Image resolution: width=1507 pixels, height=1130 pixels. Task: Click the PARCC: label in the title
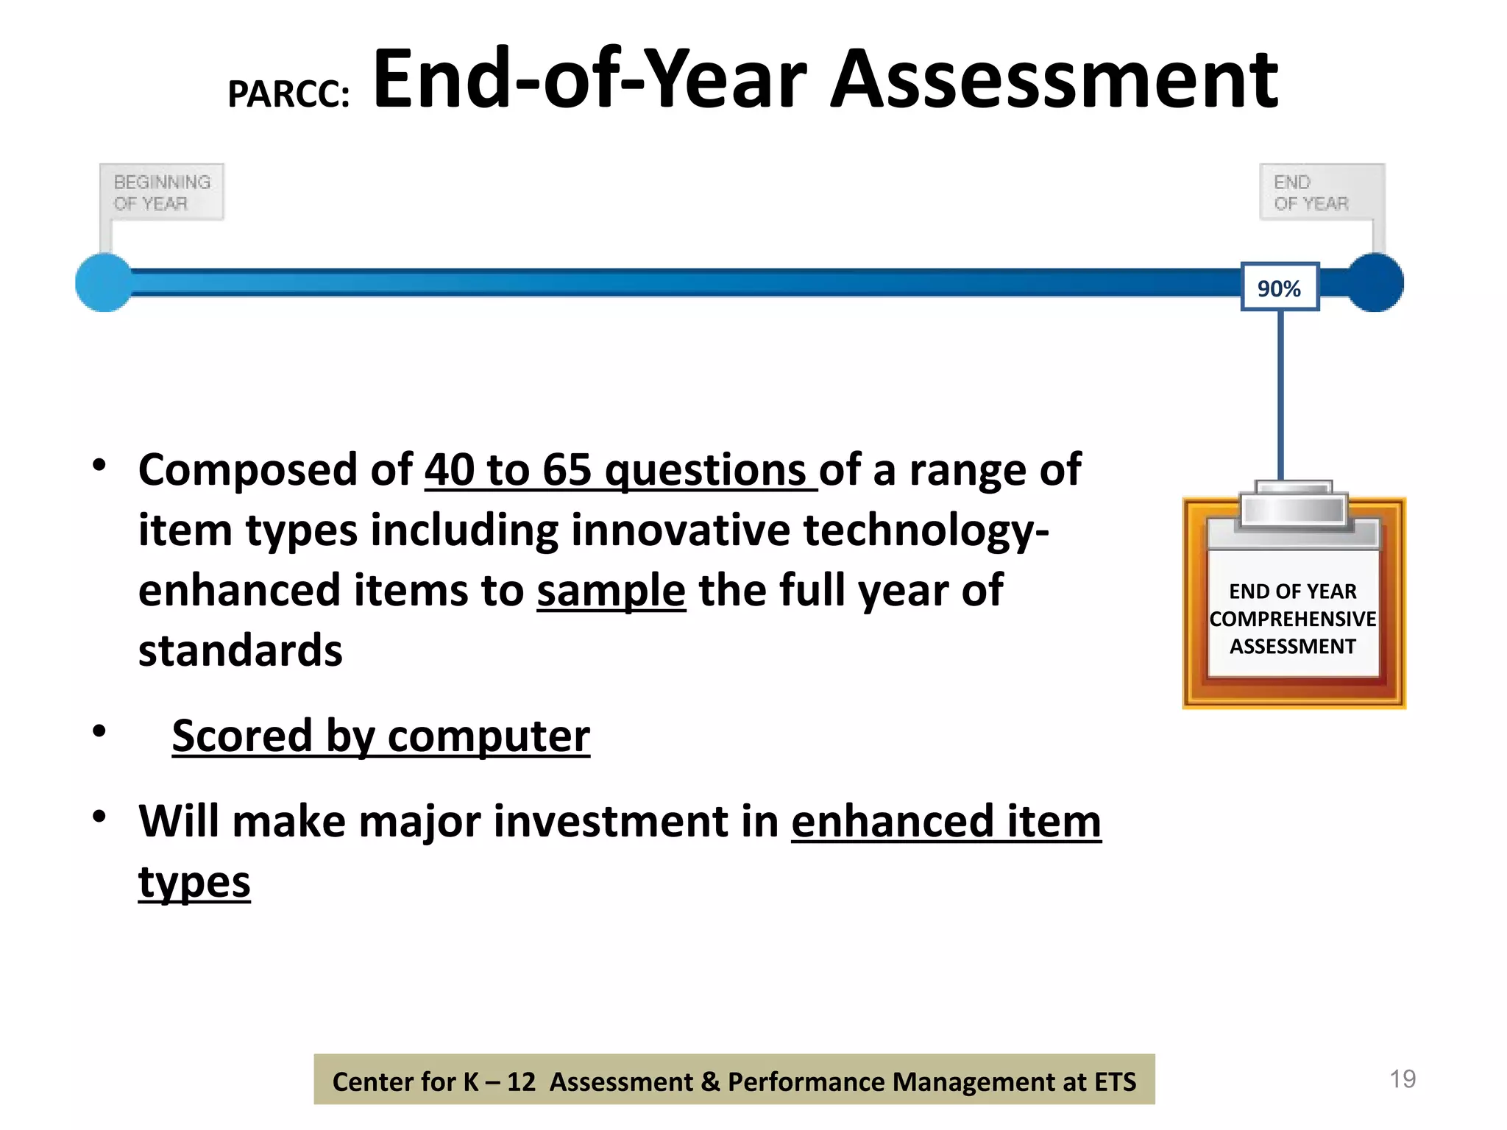[288, 94]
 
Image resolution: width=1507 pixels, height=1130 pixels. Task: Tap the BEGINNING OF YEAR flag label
[162, 192]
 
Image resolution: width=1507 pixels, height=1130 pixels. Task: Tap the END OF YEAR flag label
[1312, 192]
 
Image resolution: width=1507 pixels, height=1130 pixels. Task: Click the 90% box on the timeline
[1279, 288]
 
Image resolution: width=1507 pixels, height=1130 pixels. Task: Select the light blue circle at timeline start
[104, 282]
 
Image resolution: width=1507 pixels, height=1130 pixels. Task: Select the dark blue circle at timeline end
[1375, 282]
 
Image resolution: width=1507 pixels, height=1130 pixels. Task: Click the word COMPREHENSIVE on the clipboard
[1292, 619]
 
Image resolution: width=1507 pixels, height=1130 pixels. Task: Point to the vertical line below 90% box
[1280, 397]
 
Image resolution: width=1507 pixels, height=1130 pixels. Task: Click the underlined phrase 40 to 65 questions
[620, 469]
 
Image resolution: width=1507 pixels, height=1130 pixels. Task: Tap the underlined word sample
[611, 590]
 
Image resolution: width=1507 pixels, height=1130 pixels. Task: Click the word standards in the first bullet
[240, 650]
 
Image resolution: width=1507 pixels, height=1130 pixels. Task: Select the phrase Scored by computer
[380, 736]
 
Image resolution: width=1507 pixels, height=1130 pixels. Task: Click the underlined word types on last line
[194, 881]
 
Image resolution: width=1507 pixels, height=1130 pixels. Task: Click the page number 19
[1403, 1079]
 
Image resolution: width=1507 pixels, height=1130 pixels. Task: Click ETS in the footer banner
[1115, 1081]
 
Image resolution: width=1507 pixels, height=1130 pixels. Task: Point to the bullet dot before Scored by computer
[99, 731]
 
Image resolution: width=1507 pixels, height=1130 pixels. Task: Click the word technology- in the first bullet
[926, 530]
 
